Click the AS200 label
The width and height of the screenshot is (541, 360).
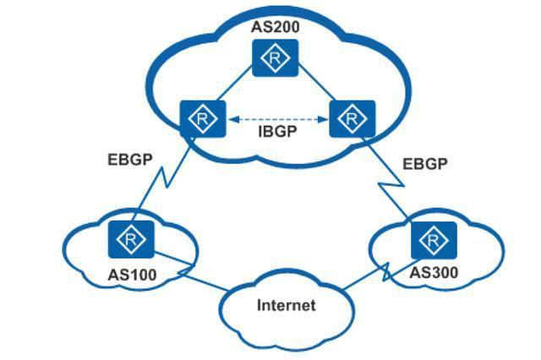(276, 26)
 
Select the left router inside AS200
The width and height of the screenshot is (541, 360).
(201, 119)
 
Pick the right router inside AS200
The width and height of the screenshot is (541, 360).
(351, 119)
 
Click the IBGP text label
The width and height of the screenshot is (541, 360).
(276, 133)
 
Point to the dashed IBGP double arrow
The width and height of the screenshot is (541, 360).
(276, 119)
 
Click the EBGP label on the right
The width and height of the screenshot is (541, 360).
(424, 163)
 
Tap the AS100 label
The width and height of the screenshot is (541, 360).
(133, 274)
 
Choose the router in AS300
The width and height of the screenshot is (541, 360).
(434, 242)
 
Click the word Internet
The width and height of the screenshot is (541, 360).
(286, 305)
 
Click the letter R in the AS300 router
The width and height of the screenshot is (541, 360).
(434, 242)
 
